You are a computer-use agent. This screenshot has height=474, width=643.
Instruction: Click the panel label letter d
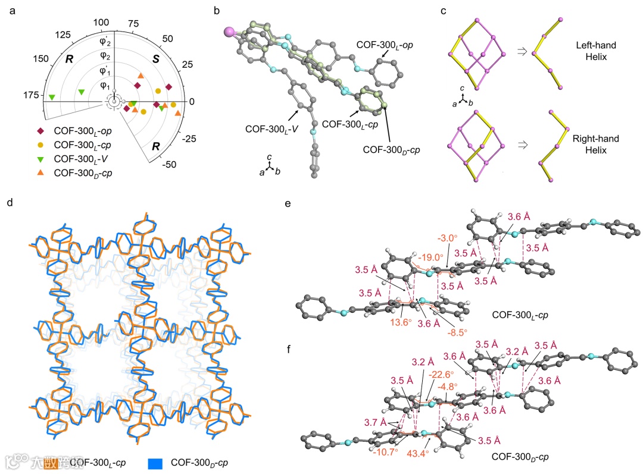(9, 202)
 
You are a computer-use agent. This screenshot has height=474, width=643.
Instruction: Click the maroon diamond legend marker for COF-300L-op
(41, 131)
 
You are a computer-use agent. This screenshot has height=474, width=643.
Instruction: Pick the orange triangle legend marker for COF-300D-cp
(41, 172)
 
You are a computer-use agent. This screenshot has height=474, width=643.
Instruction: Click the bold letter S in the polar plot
(155, 59)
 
